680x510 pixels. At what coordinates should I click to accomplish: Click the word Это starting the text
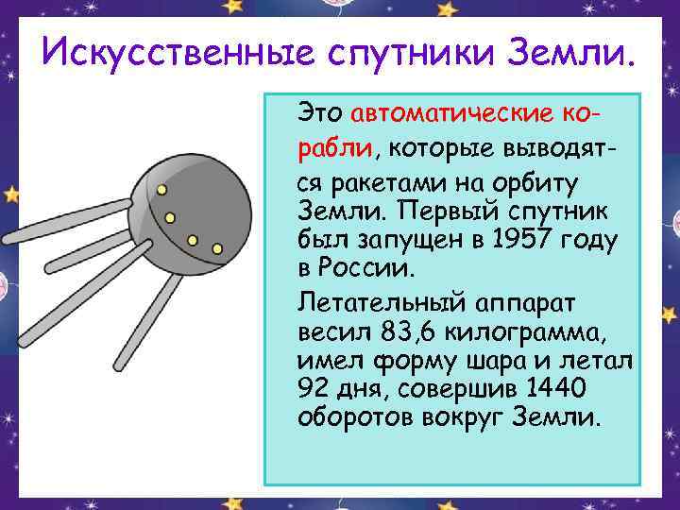click(x=320, y=114)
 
